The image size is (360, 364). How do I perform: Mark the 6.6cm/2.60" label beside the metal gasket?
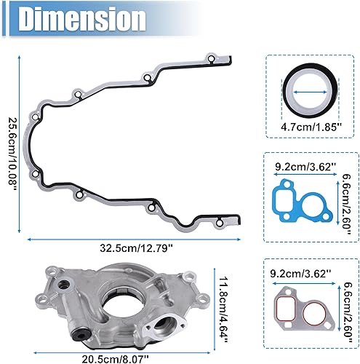coord(347,304)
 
